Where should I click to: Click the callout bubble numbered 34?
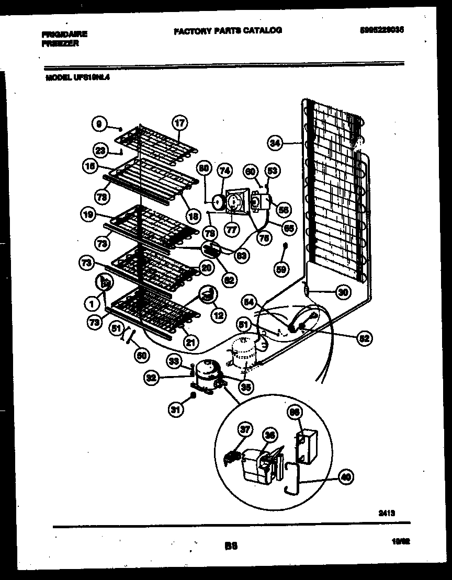pos(275,142)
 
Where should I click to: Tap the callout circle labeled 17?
pos(179,124)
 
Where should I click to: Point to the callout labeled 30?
pos(343,292)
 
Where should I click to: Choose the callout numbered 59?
pos(282,269)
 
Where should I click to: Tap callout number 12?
pos(218,315)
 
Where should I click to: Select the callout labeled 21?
pos(191,343)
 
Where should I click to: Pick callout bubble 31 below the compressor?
pos(177,411)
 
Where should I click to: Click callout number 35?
pos(245,387)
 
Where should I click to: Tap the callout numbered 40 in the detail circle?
pos(346,476)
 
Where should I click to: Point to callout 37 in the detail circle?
pos(244,430)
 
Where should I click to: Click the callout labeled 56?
pos(284,210)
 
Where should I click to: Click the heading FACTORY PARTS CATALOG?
pos(228,30)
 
